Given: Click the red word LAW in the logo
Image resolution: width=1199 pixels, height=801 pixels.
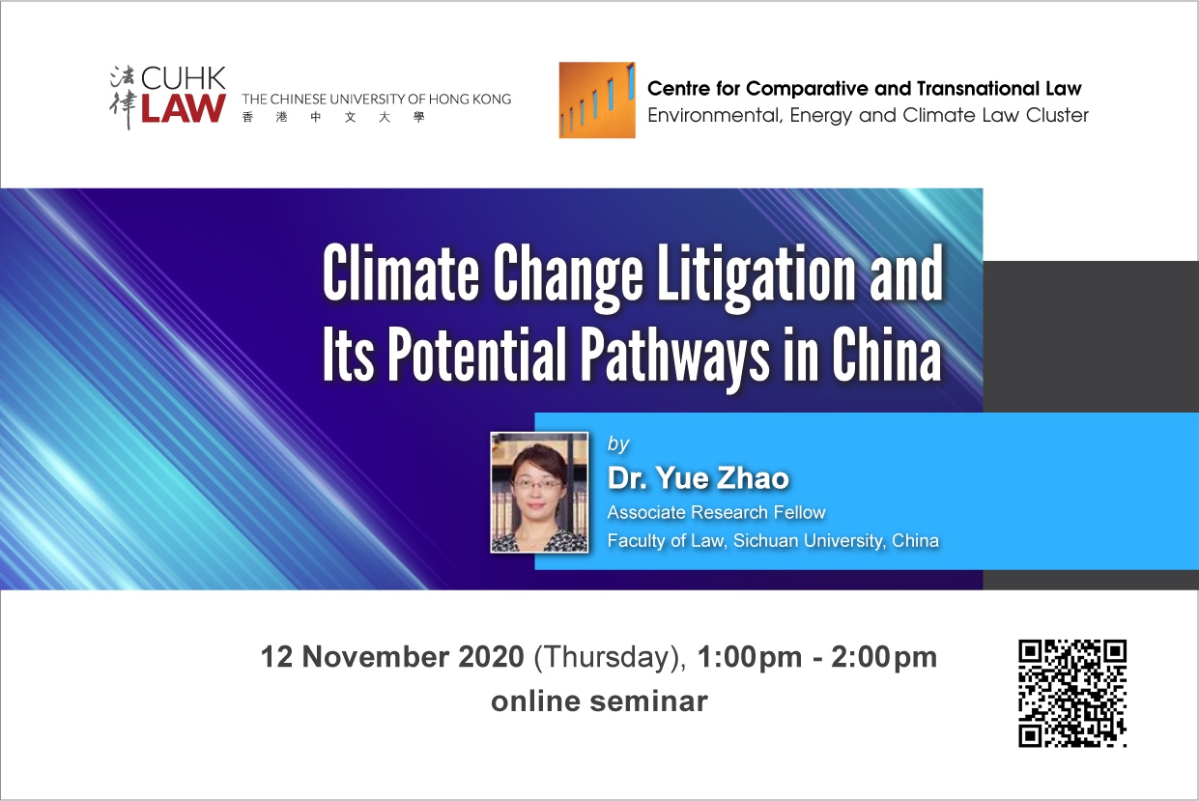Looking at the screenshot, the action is point(183,108).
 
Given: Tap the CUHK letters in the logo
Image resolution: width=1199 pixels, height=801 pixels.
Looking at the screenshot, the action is point(183,78).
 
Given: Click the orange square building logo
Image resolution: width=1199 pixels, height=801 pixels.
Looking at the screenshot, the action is point(597,100).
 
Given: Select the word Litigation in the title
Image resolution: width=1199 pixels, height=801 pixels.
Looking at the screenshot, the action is point(755,273).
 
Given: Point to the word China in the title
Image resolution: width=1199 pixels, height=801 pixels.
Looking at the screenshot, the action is point(886,354).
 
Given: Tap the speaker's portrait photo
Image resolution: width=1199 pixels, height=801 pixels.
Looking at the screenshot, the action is point(539,492).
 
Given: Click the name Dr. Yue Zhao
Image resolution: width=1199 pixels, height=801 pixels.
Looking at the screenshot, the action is point(698,478).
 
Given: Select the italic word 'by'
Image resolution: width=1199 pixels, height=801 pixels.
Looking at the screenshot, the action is point(618,443).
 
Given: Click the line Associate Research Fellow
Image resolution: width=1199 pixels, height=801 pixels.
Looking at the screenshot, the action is point(716,512).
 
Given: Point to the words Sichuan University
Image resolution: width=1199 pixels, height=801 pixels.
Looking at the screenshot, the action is point(810,541).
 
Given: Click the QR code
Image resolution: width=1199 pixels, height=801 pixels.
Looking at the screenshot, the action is point(1072,693).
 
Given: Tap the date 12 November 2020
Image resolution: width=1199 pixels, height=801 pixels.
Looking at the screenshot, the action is point(392,657).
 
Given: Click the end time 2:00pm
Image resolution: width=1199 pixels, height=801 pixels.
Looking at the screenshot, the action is point(884,658).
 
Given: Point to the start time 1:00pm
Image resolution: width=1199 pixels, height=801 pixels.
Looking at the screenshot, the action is point(750,658).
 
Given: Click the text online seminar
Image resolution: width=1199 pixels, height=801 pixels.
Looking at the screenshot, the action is point(599,701).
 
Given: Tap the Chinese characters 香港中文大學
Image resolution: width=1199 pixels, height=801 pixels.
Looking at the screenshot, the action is point(333,117).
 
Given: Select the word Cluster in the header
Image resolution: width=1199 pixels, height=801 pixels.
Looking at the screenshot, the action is point(1057,115).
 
